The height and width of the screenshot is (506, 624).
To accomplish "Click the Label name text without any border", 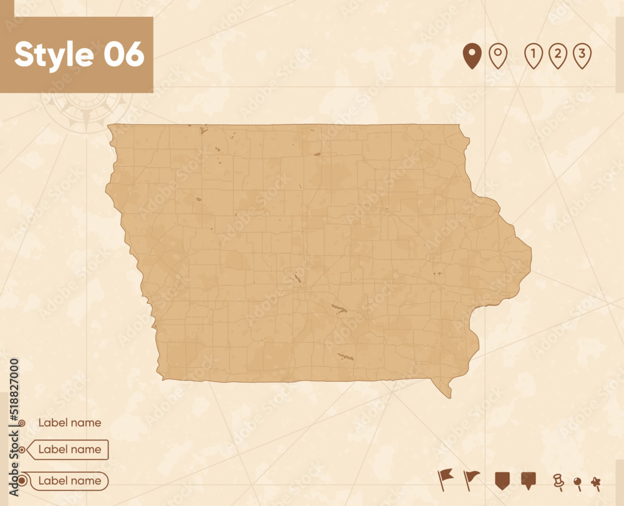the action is click(x=69, y=422).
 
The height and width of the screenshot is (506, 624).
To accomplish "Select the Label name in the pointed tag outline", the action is click(x=69, y=449).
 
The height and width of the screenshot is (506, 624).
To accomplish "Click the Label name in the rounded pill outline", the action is click(x=69, y=481).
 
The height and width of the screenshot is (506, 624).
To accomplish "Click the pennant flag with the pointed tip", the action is click(x=472, y=478).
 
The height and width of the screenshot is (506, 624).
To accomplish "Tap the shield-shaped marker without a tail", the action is click(x=502, y=480).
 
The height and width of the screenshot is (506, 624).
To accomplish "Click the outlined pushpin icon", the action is click(x=557, y=480).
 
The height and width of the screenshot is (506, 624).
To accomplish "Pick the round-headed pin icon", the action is click(x=577, y=482).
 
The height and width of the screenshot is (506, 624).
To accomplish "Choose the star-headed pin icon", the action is click(x=596, y=482).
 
